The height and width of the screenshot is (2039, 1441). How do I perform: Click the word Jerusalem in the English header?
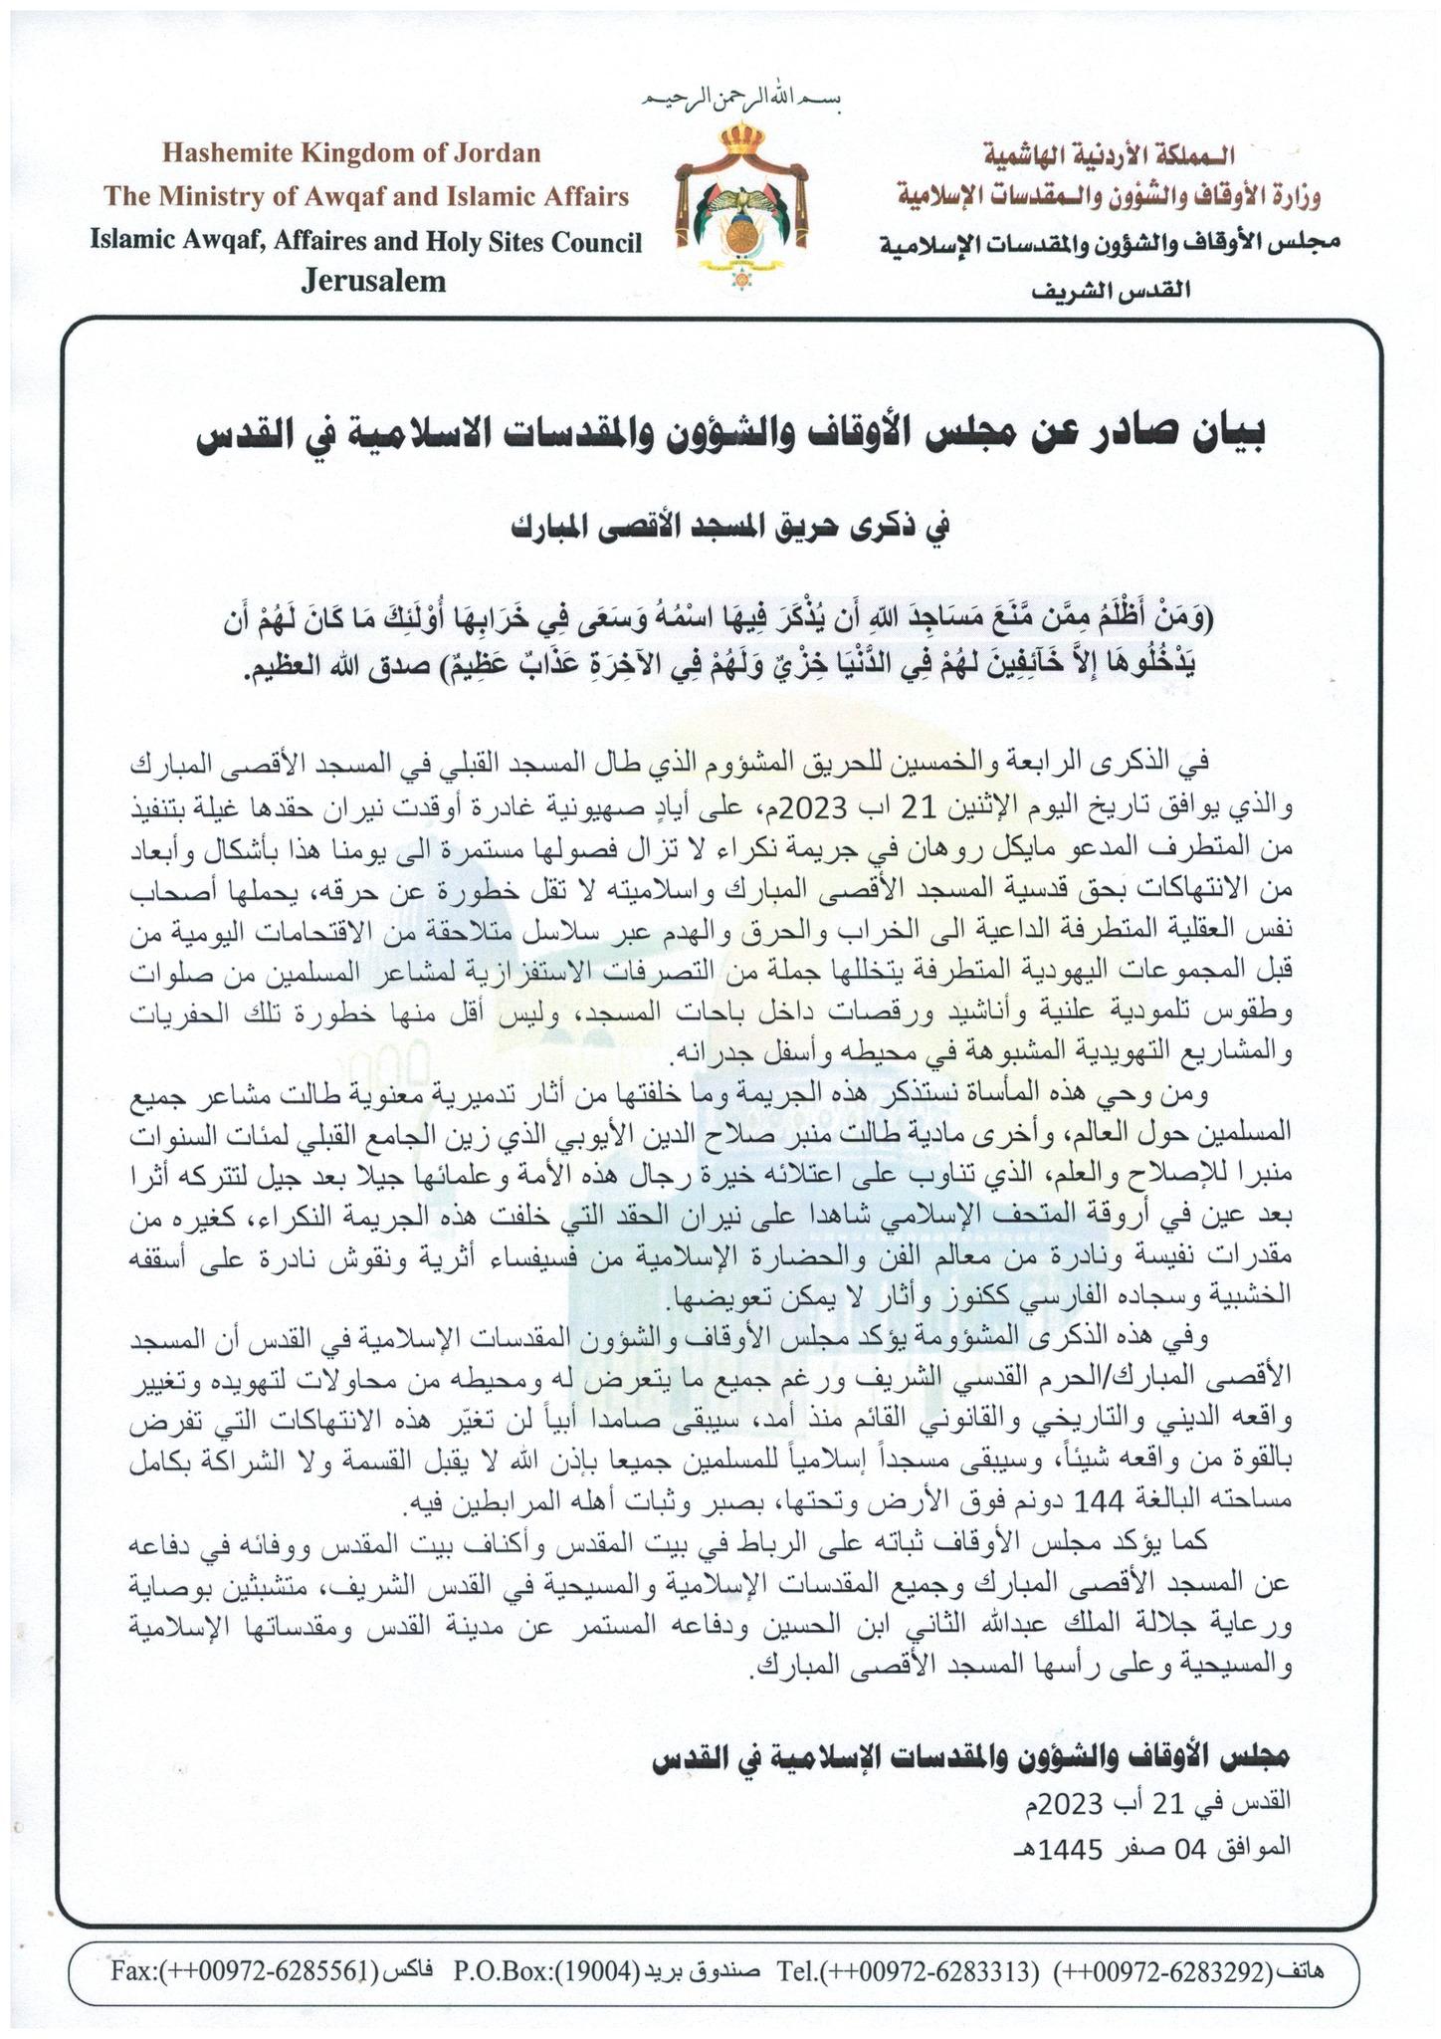tap(373, 282)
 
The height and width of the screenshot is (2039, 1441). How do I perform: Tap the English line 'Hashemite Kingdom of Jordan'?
tap(351, 153)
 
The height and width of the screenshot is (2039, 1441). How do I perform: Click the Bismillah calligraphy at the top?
tap(737, 101)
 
